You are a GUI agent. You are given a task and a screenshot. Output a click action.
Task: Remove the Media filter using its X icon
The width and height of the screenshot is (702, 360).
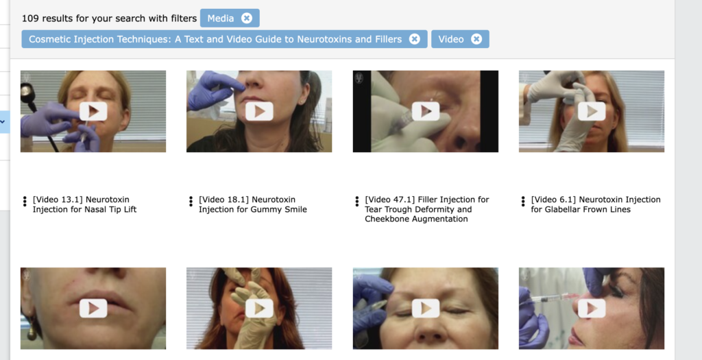click(x=247, y=18)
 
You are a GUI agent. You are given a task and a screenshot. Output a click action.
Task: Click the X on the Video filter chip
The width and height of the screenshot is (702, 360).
click(x=477, y=39)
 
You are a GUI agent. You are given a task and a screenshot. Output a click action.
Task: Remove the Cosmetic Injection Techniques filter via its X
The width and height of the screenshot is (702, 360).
click(x=415, y=39)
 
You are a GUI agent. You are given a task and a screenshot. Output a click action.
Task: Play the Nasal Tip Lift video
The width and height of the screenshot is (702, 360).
click(x=93, y=111)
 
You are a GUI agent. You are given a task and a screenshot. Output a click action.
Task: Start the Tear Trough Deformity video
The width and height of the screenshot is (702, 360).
click(x=425, y=111)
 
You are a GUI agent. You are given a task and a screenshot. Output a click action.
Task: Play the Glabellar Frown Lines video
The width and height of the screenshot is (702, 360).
click(x=592, y=111)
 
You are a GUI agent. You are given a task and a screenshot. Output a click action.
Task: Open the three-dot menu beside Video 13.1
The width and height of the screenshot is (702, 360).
click(x=25, y=202)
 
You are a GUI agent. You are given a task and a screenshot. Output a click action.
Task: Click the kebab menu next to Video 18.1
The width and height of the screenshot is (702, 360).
click(x=191, y=202)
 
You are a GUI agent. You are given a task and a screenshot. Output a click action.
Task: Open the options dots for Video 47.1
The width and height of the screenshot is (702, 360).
click(x=356, y=202)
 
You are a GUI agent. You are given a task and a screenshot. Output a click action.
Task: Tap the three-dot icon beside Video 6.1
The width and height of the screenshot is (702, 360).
click(x=523, y=202)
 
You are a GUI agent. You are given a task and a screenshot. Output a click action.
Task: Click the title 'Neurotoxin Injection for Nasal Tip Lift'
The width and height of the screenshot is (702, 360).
click(x=84, y=204)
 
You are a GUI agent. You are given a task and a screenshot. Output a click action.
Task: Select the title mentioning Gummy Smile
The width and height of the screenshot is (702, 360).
click(x=252, y=204)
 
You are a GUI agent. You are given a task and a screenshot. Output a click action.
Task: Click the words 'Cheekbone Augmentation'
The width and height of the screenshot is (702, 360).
click(x=416, y=219)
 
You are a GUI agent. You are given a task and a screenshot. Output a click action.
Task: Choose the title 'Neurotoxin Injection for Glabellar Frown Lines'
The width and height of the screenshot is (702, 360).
click(x=596, y=204)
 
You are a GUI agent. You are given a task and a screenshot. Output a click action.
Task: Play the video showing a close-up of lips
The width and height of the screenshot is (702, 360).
click(x=93, y=308)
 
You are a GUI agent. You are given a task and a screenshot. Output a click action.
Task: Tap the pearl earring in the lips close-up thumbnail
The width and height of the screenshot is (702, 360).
click(x=32, y=333)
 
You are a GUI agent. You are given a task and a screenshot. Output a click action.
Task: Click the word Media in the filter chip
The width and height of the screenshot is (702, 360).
click(x=220, y=19)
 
